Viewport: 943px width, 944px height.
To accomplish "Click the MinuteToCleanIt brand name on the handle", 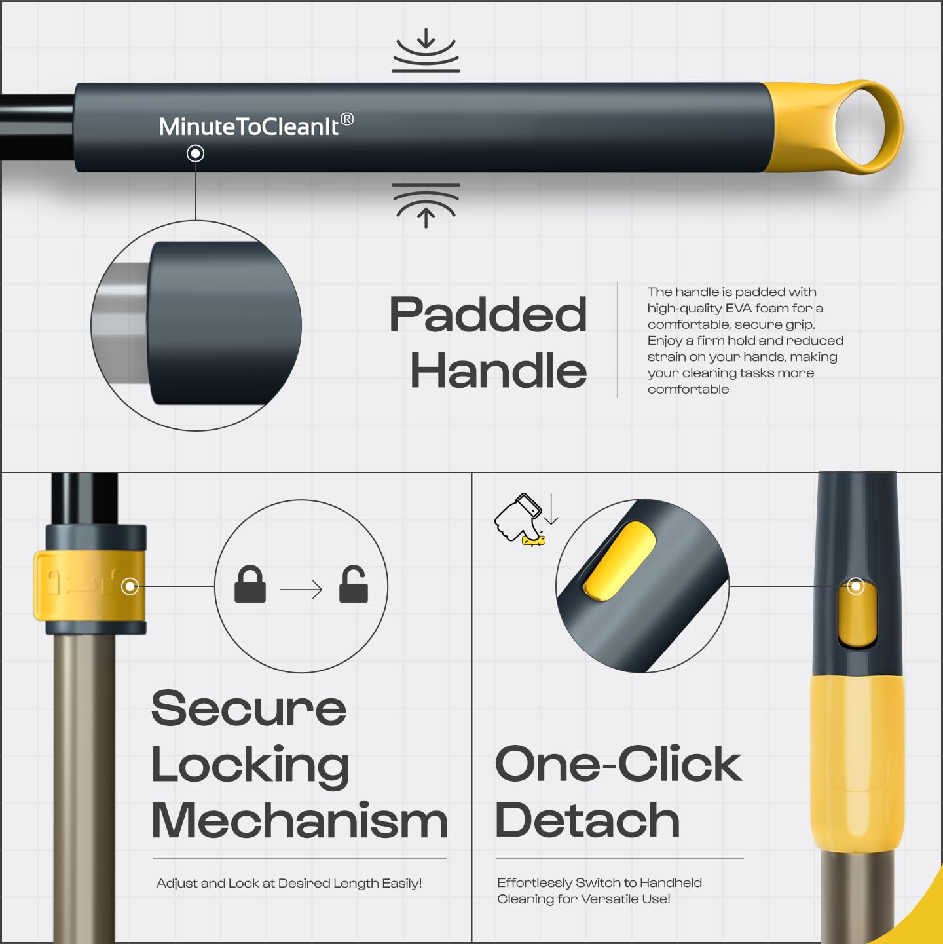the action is (248, 126).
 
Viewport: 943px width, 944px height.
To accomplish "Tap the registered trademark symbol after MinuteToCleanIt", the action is (347, 119).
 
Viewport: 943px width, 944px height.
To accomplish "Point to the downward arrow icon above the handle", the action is (426, 50).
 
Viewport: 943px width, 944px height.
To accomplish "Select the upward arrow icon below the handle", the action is (426, 206).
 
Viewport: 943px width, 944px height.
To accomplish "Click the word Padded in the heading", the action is (488, 314).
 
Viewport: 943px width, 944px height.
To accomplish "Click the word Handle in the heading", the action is (498, 370).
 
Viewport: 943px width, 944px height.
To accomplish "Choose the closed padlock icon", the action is (250, 584).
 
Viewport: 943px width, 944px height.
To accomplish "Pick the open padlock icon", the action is (353, 584).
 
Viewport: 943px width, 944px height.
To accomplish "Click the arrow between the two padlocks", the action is (301, 590).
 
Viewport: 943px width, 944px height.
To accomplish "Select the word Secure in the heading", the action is (249, 708).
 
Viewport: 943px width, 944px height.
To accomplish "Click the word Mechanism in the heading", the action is (299, 821).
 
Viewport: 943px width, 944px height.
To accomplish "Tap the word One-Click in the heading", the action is (619, 765).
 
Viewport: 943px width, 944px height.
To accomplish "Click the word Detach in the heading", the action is (587, 821).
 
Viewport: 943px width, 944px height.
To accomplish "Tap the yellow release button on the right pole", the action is (857, 615).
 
